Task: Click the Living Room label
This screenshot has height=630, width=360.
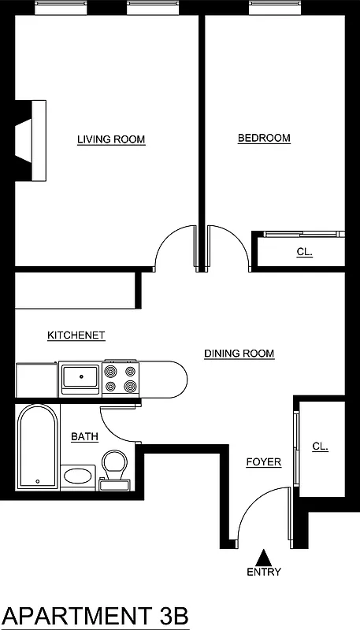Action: tap(111, 140)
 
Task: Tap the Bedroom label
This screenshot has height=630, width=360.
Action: tap(264, 139)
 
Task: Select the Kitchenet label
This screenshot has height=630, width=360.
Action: tap(76, 335)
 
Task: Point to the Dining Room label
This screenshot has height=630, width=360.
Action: tap(239, 354)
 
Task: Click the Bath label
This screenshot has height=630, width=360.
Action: tap(84, 436)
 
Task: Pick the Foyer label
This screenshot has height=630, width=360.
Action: tap(263, 462)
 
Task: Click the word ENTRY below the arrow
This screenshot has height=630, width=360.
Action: tap(264, 573)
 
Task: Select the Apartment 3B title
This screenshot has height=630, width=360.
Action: tap(96, 614)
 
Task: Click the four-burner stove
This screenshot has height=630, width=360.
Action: tap(119, 378)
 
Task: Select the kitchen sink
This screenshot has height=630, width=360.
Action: tap(80, 378)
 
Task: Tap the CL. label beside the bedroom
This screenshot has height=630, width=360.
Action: tap(304, 253)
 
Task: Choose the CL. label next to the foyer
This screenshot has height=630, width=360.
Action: tap(320, 447)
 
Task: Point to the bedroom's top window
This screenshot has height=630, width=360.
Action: tap(273, 8)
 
